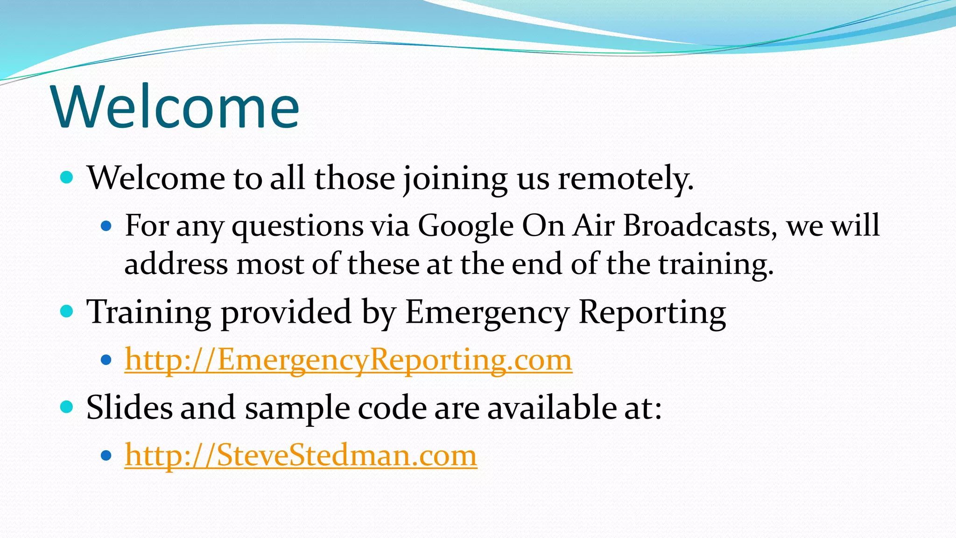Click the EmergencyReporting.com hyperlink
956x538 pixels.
[348, 360]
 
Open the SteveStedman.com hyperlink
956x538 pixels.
[301, 455]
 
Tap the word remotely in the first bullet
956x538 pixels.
[626, 178]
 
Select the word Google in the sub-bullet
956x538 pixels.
[465, 226]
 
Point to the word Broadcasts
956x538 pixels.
[700, 226]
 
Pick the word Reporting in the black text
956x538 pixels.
[652, 312]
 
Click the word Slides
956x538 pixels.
[129, 408]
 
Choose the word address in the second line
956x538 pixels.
[176, 264]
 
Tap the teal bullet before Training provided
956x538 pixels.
[67, 311]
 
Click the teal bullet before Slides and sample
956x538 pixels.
[67, 407]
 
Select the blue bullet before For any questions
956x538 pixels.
[106, 227]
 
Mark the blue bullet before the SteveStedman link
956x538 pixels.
[106, 455]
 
